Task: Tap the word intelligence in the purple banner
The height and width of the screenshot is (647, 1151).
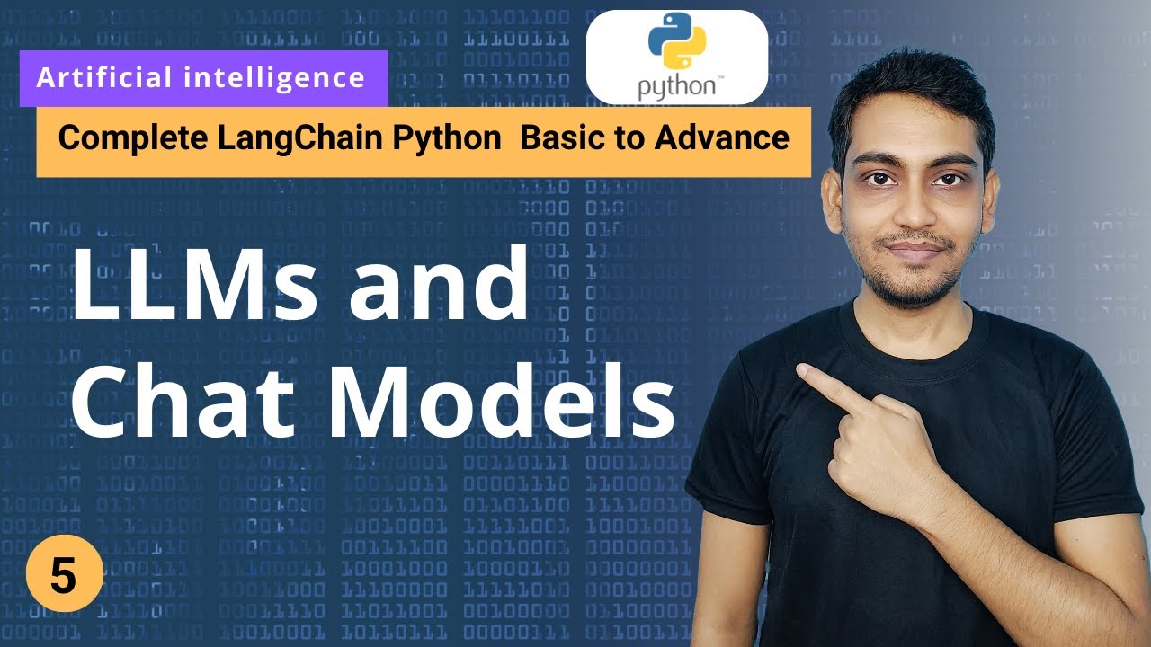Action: [x=274, y=78]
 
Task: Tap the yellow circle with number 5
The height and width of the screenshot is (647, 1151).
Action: [x=63, y=577]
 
